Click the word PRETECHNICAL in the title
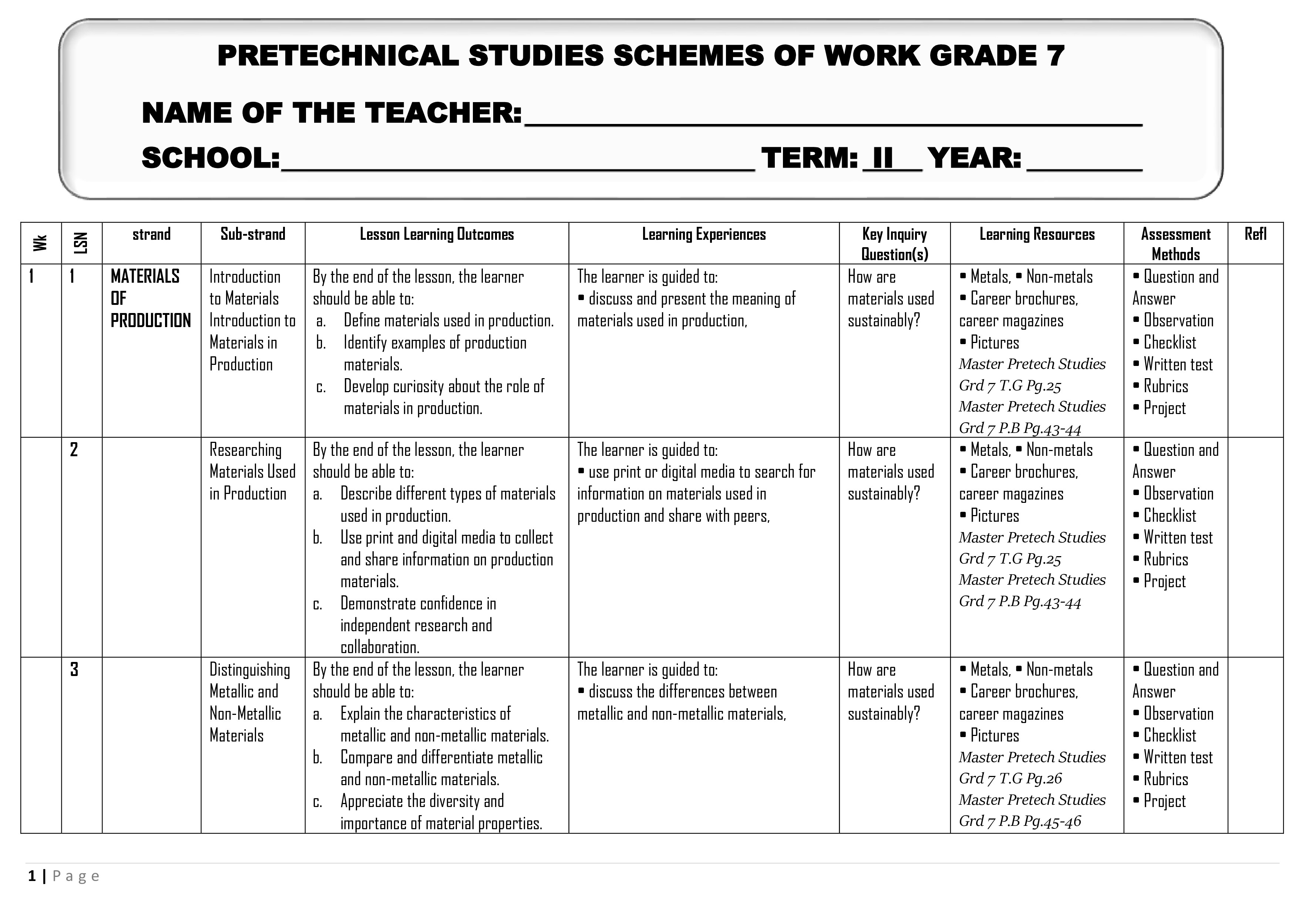(337, 56)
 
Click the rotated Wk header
(40, 243)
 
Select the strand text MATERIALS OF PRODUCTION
(150, 299)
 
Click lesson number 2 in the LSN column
(74, 450)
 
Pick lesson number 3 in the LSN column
(74, 670)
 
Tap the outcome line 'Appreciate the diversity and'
(422, 801)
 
